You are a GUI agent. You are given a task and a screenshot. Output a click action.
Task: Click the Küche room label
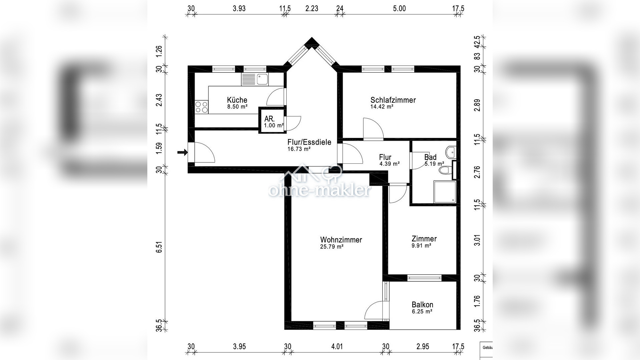pos(237,100)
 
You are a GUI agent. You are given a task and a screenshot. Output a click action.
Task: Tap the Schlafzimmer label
pos(393,100)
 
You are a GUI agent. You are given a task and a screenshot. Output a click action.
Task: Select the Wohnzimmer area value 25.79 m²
pos(332,247)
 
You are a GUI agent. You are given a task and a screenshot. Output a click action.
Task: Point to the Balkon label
pos(422,305)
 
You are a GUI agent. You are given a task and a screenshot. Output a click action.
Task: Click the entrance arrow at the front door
pos(182,152)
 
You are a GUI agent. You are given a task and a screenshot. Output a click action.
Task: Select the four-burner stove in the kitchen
pos(201,107)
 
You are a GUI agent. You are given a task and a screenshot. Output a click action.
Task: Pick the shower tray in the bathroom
pos(445,192)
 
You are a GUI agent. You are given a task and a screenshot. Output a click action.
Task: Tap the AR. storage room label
pos(269,119)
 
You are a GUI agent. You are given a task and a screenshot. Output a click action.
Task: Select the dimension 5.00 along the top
pos(399,9)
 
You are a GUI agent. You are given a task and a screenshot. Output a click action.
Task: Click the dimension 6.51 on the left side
pos(159,247)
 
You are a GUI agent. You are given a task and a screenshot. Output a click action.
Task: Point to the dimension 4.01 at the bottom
pos(337,347)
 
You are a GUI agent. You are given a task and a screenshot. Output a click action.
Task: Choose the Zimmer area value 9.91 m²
pos(421,246)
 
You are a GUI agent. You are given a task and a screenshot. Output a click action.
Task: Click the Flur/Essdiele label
pos(309,142)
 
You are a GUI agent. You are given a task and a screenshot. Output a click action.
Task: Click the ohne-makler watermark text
pos(320,190)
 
